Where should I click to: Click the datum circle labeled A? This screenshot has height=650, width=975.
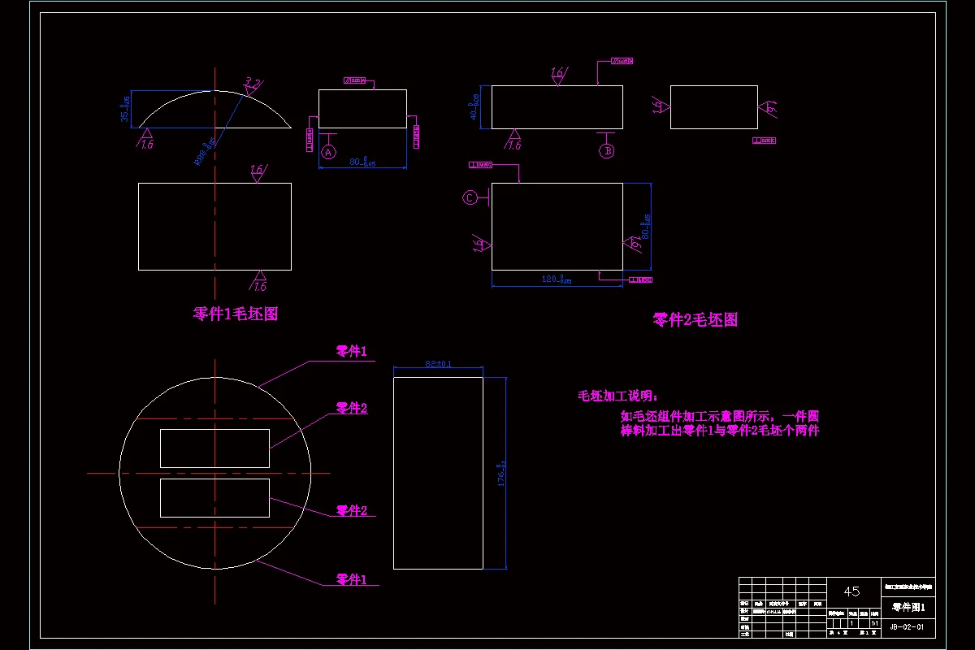pyautogui.click(x=328, y=152)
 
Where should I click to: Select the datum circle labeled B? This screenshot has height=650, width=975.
pyautogui.click(x=607, y=150)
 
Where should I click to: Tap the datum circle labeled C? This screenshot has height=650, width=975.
pyautogui.click(x=470, y=197)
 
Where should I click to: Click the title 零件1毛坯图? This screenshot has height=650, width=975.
pyautogui.click(x=236, y=314)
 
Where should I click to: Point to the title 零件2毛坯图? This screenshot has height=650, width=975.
pyautogui.click(x=695, y=320)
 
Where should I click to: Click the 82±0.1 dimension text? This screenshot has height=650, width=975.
pyautogui.click(x=438, y=364)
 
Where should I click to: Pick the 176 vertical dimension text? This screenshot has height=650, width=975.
pyautogui.click(x=501, y=471)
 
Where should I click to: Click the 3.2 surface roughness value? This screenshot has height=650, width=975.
pyautogui.click(x=253, y=84)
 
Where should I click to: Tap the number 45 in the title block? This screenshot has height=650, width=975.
pyautogui.click(x=851, y=591)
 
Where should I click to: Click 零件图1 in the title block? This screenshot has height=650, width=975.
pyautogui.click(x=908, y=607)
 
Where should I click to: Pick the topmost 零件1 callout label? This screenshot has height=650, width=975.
pyautogui.click(x=352, y=352)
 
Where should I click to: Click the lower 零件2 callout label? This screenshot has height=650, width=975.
pyautogui.click(x=352, y=511)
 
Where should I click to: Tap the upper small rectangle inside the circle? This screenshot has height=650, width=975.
pyautogui.click(x=214, y=448)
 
